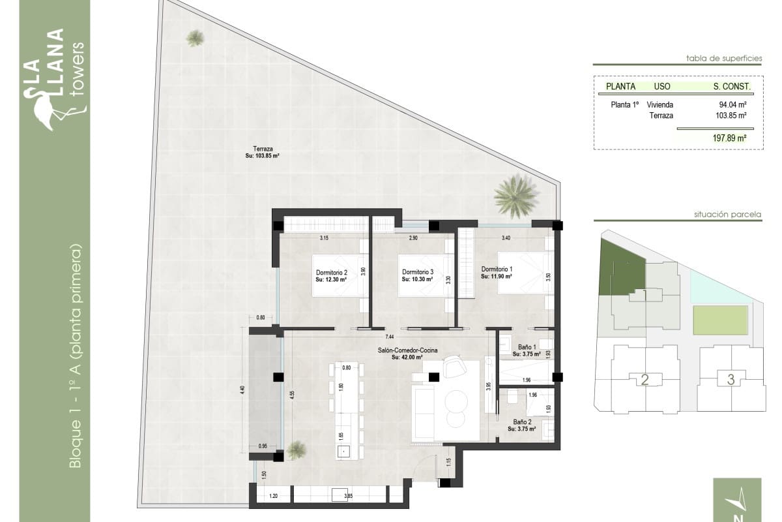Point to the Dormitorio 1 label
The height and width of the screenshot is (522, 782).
(x=497, y=269)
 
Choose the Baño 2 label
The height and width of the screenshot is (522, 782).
(x=521, y=422)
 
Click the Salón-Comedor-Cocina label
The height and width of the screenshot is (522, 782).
(x=407, y=350)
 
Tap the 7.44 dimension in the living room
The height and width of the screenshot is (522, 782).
(x=389, y=337)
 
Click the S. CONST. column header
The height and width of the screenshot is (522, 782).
(x=732, y=86)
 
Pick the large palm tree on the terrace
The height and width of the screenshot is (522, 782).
(x=516, y=196)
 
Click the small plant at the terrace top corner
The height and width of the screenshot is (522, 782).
(x=195, y=38)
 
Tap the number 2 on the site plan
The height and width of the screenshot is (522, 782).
(x=644, y=380)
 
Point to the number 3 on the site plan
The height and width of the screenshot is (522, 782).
(x=731, y=379)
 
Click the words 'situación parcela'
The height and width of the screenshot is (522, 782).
(x=728, y=214)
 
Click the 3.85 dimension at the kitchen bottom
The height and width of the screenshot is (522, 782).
(x=348, y=497)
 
